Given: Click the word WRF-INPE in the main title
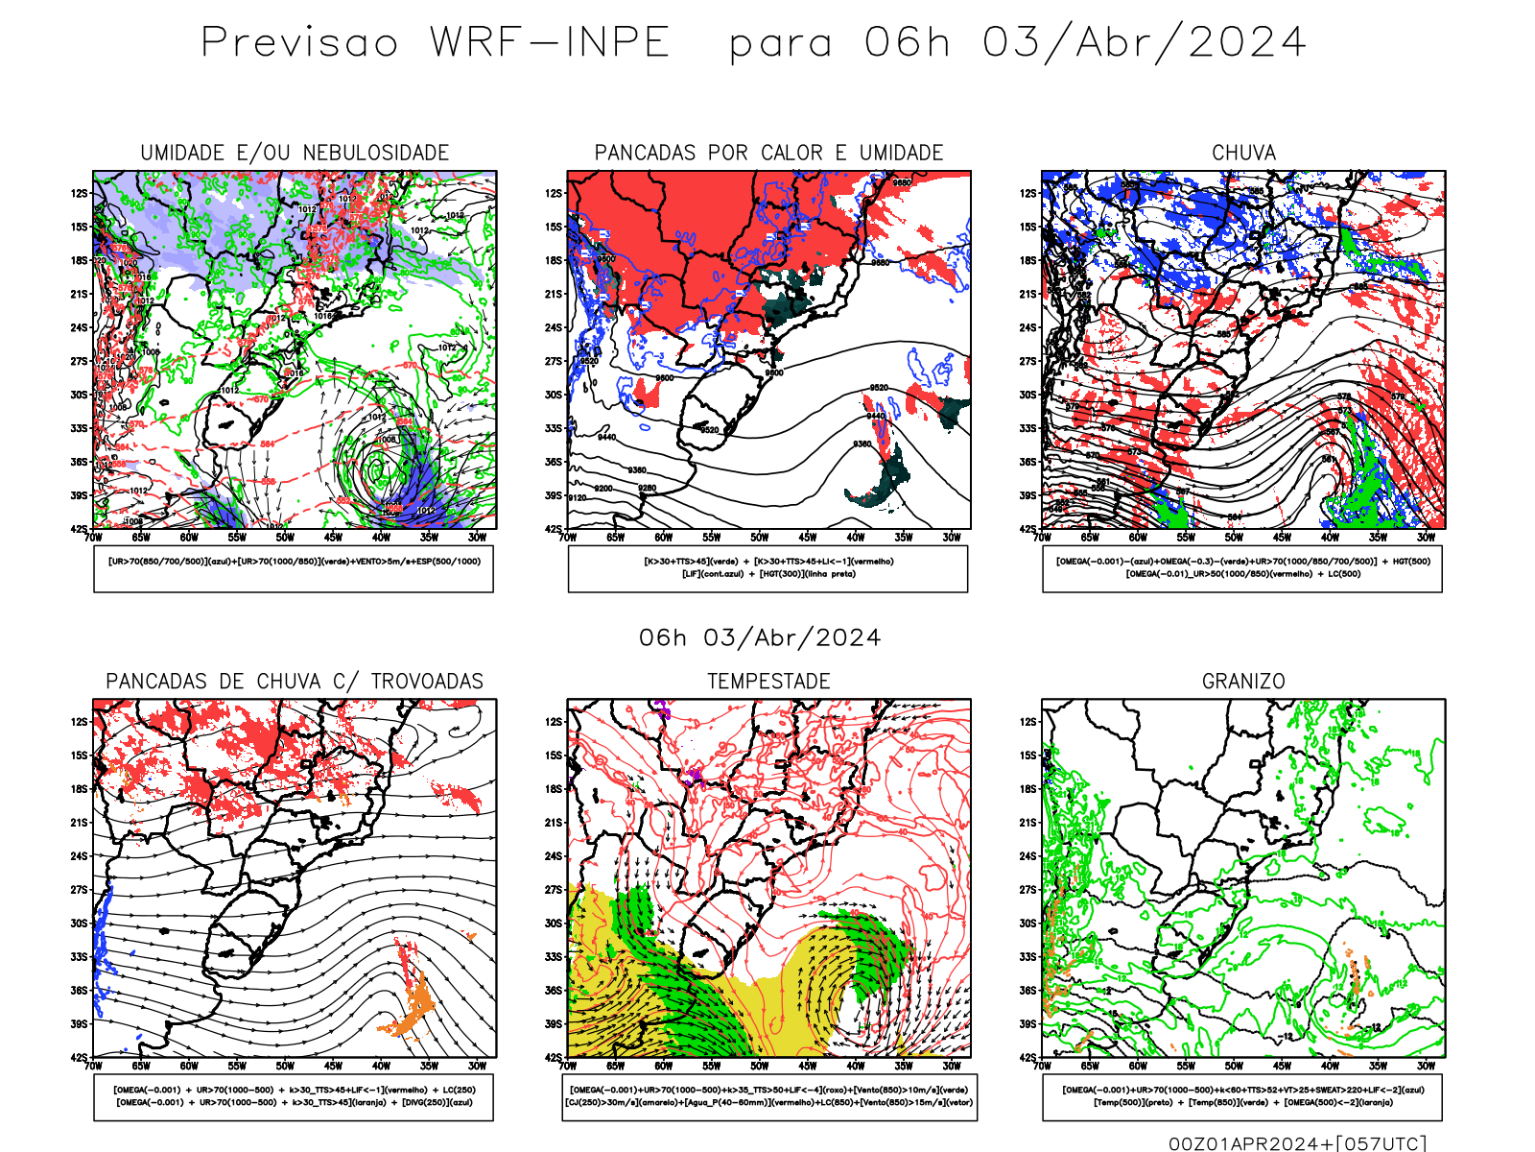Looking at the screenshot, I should [550, 43].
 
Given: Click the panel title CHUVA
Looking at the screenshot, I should [1243, 153].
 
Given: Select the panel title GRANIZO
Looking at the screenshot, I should [1243, 682].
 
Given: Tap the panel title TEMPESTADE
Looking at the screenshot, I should [768, 682].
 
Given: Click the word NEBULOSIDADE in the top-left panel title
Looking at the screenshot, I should [376, 153].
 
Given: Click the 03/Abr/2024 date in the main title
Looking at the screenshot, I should [1144, 43].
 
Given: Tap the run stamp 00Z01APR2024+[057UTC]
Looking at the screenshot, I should [1297, 1143].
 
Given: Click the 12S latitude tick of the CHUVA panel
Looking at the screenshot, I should [1028, 194].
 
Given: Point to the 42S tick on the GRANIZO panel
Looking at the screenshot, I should [1027, 1058].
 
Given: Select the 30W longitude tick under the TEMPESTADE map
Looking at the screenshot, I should [952, 1066].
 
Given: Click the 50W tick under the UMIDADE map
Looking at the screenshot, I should [285, 538].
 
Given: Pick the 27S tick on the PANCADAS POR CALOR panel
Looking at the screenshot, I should [554, 362].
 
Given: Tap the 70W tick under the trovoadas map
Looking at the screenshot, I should [93, 1066].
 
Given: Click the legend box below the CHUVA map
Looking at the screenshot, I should [1242, 568].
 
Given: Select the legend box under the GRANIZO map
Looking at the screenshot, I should [1242, 1096].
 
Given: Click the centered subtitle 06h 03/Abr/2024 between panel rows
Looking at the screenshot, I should [760, 638].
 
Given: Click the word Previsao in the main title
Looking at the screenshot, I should [299, 43].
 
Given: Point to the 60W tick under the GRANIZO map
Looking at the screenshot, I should [1138, 1066].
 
